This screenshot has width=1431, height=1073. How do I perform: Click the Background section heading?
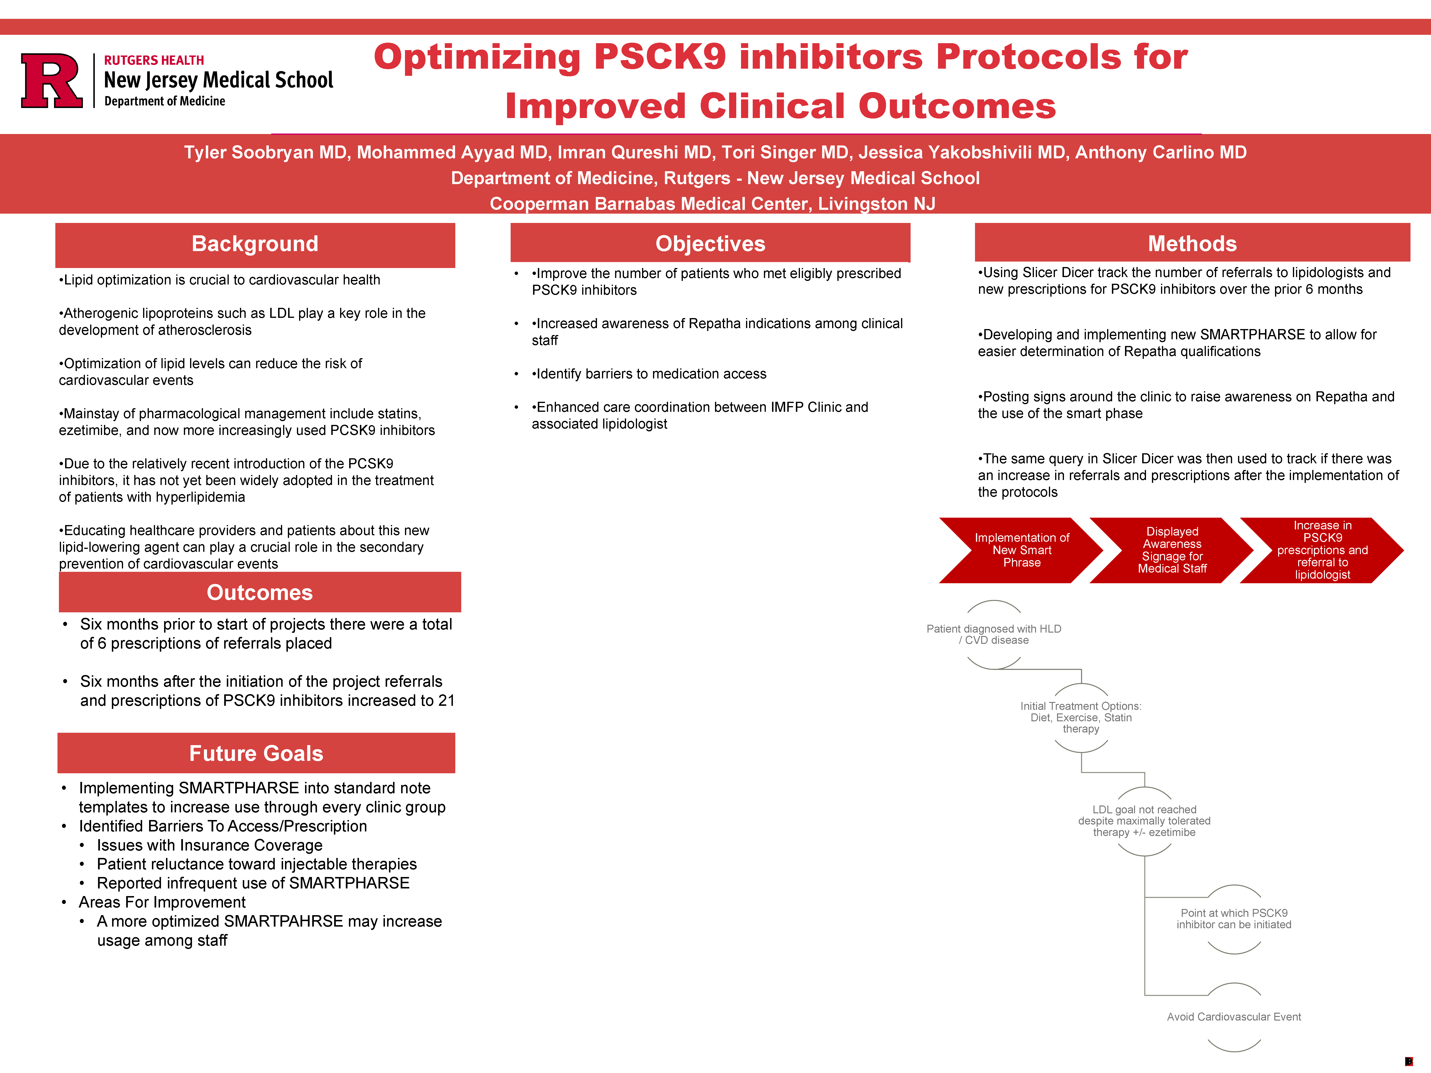coord(255,244)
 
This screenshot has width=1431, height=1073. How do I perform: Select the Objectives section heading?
coord(710,244)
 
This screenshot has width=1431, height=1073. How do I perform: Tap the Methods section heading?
coord(1192,244)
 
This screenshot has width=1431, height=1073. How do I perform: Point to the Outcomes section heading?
coord(259,593)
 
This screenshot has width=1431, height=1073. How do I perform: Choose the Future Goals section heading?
coord(256,753)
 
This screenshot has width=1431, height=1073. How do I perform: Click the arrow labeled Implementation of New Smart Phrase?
coord(1021,550)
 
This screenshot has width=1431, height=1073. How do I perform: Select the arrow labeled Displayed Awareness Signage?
coord(1172,550)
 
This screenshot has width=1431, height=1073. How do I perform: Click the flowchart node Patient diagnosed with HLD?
coord(994,635)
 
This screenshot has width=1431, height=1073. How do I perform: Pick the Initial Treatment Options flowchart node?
coord(1081,717)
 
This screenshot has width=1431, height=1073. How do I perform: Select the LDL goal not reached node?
coord(1144,821)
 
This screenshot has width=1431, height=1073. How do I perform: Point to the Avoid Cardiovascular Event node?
coord(1234,1017)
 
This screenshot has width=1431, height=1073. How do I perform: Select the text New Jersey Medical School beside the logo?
coord(219,80)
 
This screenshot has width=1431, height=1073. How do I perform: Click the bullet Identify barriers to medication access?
coord(649,374)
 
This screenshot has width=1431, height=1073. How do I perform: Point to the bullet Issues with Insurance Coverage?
coord(210,845)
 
